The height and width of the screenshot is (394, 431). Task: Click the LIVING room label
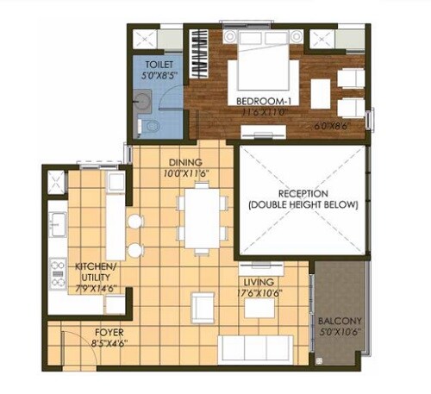coord(259,282)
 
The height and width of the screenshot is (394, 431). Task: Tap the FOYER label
coord(88,330)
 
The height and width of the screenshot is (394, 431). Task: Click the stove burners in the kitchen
coord(59,273)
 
